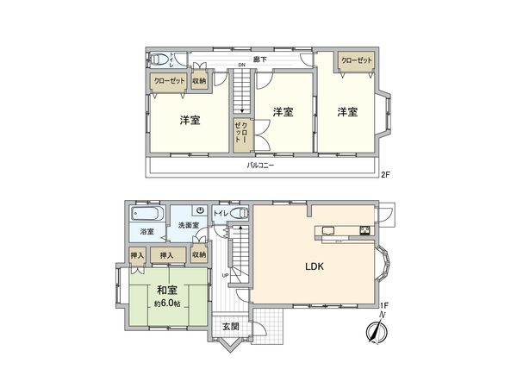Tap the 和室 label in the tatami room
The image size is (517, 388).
pos(168,290)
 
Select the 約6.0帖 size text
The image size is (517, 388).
pos(168,304)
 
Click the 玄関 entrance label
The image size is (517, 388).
pos(230,327)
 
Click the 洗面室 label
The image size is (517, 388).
pos(189,225)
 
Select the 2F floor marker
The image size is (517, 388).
pos(385,174)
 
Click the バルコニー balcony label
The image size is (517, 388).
pos(260,164)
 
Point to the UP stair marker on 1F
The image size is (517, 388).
pos(225,276)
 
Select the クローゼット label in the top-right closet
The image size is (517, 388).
pos(356,60)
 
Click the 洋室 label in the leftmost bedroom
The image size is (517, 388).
pos(191,120)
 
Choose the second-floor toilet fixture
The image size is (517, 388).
pos(159,59)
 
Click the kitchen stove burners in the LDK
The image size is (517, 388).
pos(364,230)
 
